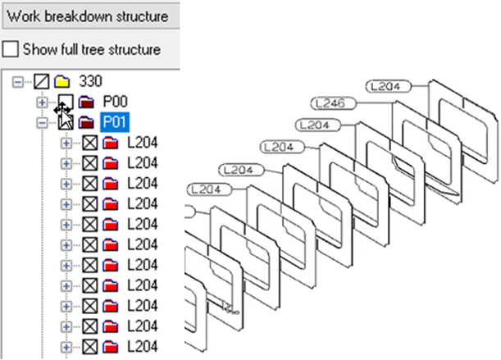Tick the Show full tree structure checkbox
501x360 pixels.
coord(10,49)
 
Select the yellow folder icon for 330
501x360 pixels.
coord(60,82)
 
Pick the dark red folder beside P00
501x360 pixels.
coord(86,103)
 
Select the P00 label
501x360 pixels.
coord(114,102)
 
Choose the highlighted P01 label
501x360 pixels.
coord(115,122)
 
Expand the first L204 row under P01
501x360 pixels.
coord(67,143)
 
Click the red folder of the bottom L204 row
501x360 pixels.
coord(111,345)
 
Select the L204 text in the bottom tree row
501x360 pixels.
coord(142,345)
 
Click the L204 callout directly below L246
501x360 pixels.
coord(315,125)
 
